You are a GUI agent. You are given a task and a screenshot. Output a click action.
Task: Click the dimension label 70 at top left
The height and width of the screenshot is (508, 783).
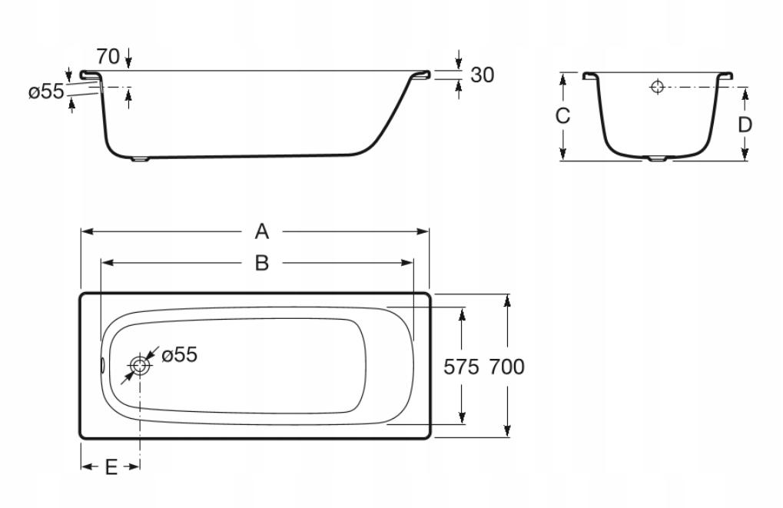tap(108, 56)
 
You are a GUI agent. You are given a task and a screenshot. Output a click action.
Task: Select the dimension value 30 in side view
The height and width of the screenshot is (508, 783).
tap(482, 75)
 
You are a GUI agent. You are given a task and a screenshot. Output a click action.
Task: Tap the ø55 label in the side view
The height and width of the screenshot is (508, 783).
tap(45, 92)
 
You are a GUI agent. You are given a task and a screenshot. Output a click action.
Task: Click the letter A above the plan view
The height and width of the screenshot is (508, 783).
tap(262, 231)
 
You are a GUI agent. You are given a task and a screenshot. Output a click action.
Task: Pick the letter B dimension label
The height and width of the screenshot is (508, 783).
tap(262, 263)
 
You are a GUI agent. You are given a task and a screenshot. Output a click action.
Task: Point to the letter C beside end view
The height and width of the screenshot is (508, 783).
tap(562, 116)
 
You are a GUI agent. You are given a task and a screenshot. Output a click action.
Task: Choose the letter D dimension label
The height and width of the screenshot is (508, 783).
tap(745, 124)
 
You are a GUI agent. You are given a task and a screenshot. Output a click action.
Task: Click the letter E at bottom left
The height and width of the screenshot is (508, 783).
tap(111, 466)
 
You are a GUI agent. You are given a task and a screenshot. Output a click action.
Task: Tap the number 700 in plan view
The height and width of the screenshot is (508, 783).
tap(507, 367)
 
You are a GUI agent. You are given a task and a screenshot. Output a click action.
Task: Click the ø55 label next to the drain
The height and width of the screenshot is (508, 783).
tap(179, 354)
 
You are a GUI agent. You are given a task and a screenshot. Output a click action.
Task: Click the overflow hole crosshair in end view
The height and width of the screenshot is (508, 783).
tap(657, 87)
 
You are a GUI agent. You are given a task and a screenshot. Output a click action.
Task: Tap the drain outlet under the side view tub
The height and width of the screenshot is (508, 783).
tap(140, 160)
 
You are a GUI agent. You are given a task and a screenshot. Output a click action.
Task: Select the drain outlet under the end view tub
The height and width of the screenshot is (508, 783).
tap(659, 160)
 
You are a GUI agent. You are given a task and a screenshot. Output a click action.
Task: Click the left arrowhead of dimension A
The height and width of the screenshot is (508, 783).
tap(85, 231)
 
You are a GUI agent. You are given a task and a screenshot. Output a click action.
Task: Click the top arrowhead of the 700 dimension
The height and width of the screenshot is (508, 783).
tap(508, 299)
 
